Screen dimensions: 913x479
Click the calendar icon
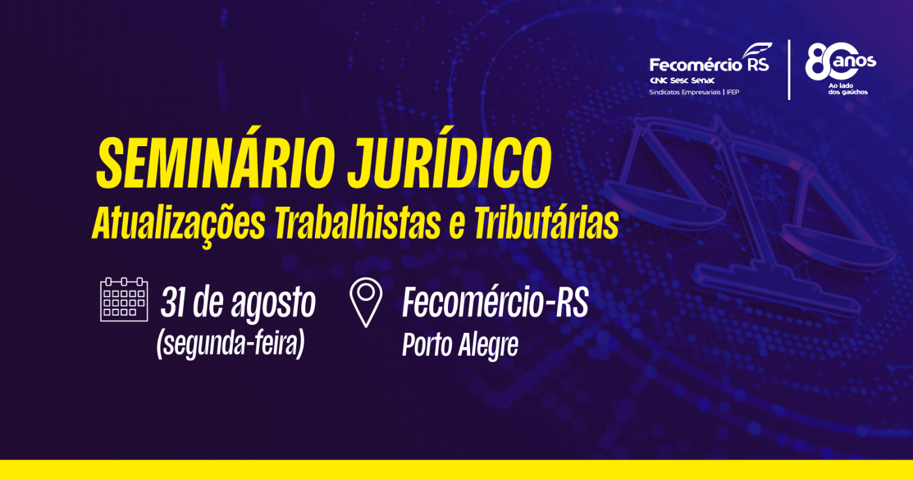point(124,300)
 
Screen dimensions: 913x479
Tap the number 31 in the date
point(173,302)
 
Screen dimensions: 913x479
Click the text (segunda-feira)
point(231,345)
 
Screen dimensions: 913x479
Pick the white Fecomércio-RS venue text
point(495,302)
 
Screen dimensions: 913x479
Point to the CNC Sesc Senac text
point(682,80)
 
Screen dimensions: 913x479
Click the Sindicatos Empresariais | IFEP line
point(694,92)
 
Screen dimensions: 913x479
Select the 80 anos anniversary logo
point(841,61)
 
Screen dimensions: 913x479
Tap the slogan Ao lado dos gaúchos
point(848,89)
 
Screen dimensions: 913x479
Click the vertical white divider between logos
point(789,70)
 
